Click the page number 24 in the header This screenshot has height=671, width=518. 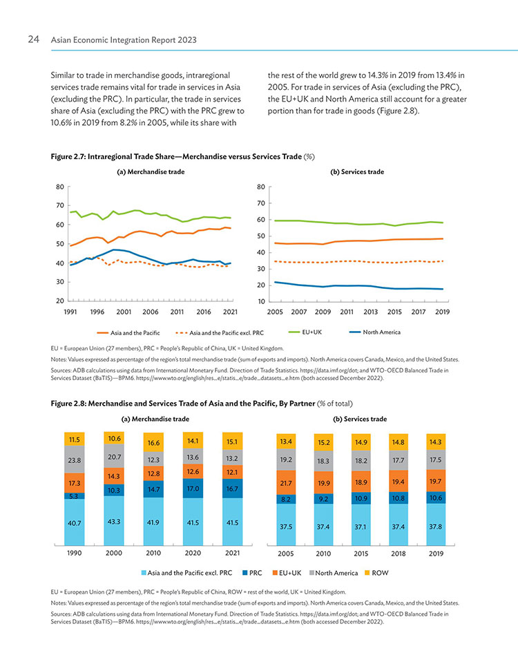pos(33,39)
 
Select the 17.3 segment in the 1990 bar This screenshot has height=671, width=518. pos(75,483)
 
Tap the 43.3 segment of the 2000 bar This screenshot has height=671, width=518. pos(114,520)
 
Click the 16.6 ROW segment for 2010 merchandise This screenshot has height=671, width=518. pos(153,442)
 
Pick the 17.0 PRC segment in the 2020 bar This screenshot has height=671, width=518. pos(193,488)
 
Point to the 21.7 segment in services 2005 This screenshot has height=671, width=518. pos(286,483)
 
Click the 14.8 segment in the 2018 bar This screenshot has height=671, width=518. pos(399,442)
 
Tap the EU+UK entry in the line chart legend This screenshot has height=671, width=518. pos(305,332)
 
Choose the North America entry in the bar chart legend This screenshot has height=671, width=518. pos(334,573)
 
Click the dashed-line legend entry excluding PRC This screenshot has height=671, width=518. pos(220,333)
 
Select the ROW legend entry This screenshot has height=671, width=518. pos(376,573)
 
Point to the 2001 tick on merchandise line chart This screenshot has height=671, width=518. pos(124,312)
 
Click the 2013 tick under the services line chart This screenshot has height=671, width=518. pos(370,312)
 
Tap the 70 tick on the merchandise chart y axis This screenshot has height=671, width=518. pos(60,205)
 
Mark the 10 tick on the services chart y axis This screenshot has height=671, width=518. pos(261,301)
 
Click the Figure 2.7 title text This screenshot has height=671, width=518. pos(182,157)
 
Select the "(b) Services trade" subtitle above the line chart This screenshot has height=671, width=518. pos(357,171)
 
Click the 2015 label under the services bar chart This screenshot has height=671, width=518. pos(361,554)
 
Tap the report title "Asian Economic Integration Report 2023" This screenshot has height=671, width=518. pos(124,40)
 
